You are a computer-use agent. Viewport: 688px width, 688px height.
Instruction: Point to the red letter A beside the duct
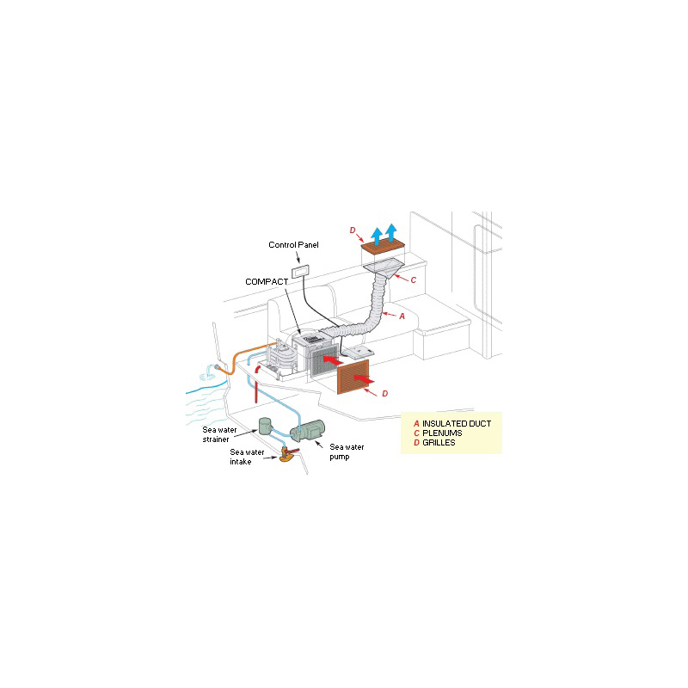point(402,316)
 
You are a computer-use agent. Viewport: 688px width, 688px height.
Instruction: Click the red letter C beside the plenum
point(413,279)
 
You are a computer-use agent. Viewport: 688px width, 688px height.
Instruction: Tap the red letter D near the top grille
point(352,230)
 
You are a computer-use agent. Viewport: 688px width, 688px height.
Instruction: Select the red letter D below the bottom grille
point(384,393)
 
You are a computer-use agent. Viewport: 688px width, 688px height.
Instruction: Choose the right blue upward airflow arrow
point(391,230)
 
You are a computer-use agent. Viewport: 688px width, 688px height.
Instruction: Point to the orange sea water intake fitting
point(284,456)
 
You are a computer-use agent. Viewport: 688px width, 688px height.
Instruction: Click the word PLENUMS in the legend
point(442,433)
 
